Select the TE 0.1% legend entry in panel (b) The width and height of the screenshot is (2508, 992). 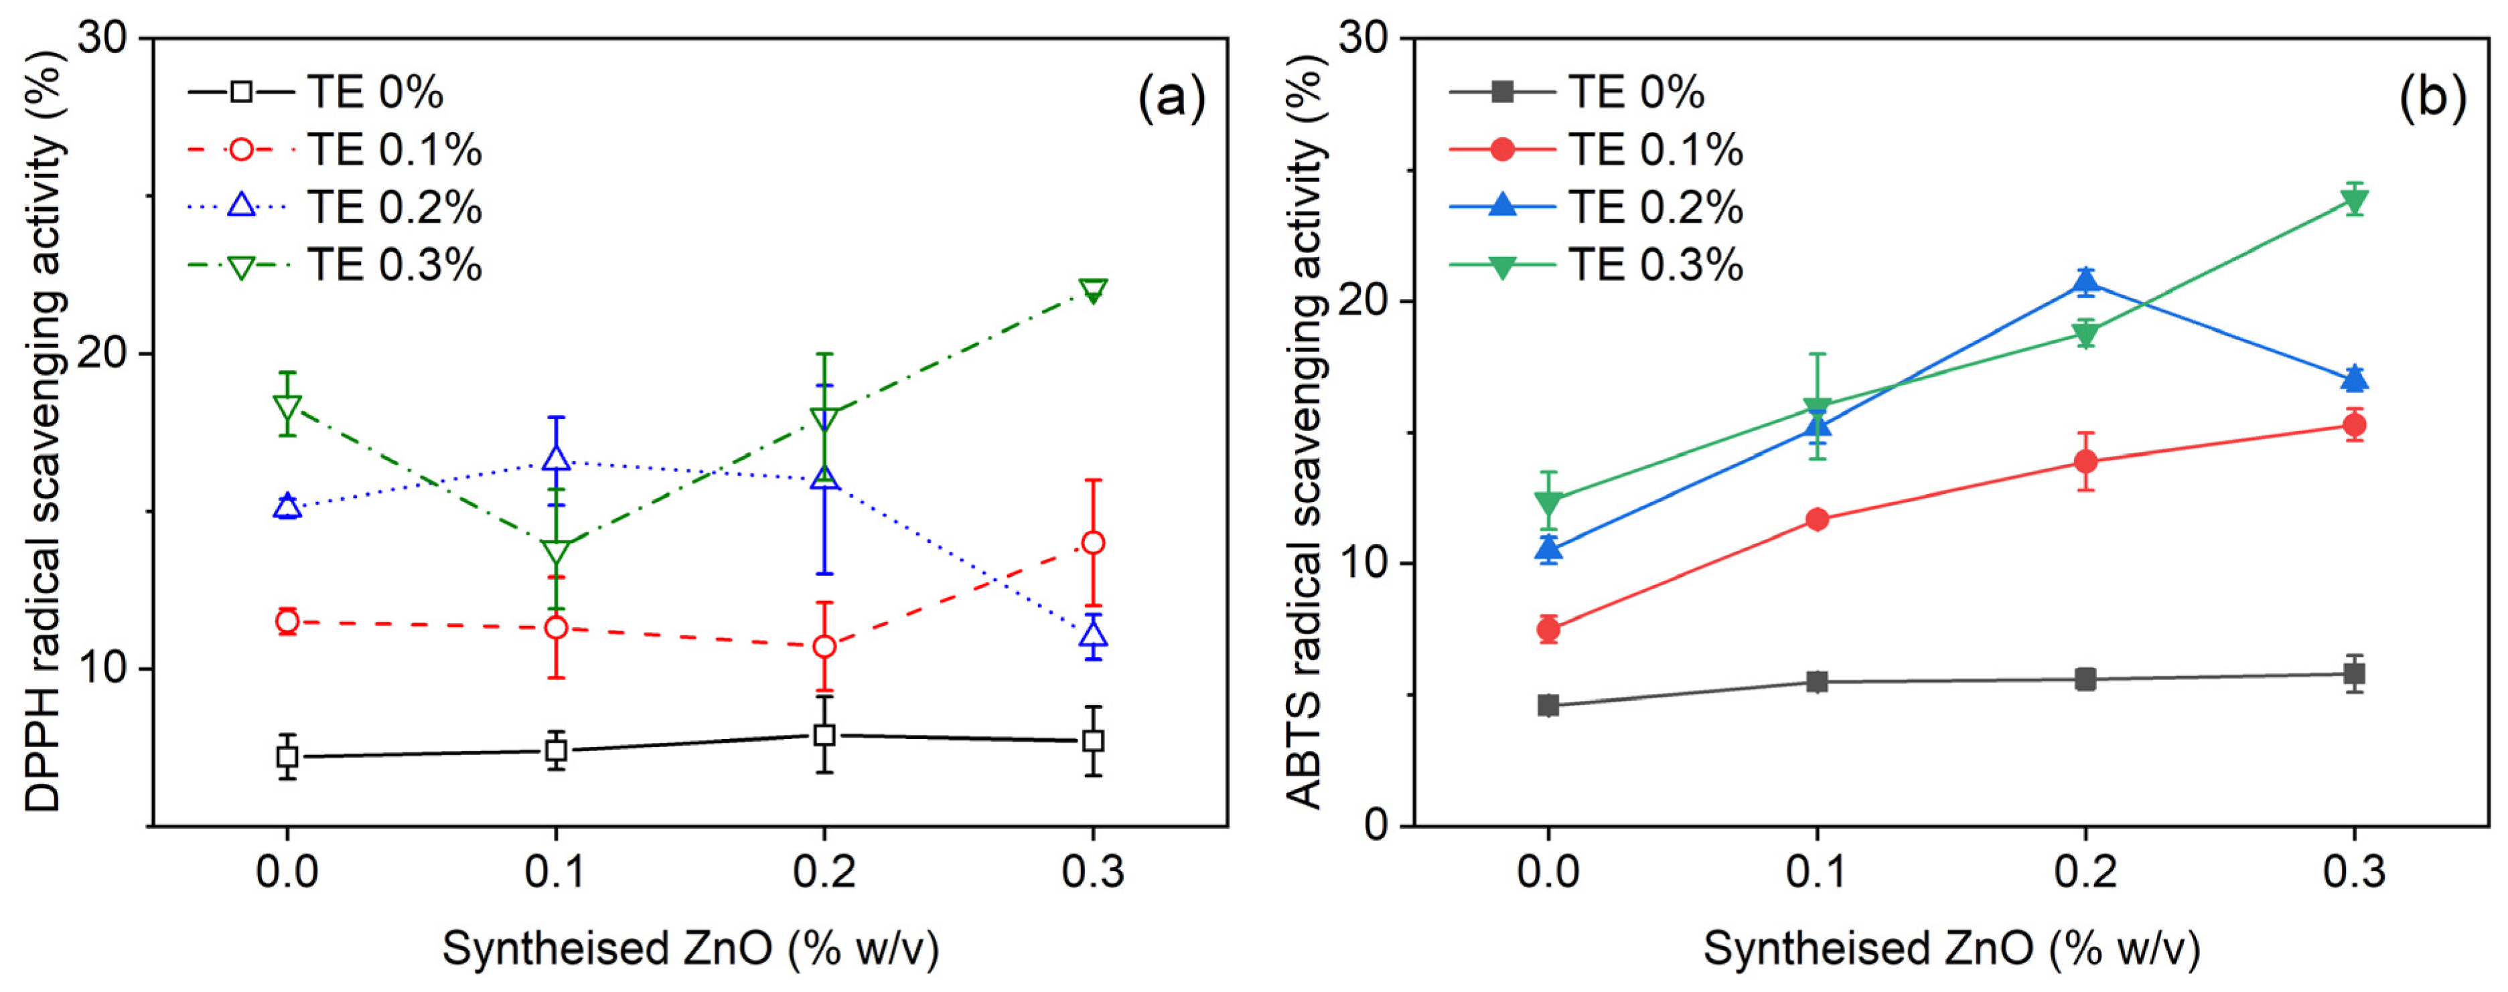[x=1654, y=150]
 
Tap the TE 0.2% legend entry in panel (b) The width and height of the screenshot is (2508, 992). [x=1654, y=208]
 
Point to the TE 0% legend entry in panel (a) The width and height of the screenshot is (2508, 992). [x=375, y=92]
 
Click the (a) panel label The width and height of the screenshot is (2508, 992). [x=1171, y=97]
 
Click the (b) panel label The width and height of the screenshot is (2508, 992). [x=2432, y=97]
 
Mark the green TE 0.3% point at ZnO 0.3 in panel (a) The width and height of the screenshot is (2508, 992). [x=1094, y=290]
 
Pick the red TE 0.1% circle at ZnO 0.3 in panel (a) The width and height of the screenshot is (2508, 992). [x=1094, y=542]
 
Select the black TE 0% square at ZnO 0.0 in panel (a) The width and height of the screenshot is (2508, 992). [x=287, y=756]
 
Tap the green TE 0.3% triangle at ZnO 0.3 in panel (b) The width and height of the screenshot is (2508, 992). [x=2354, y=201]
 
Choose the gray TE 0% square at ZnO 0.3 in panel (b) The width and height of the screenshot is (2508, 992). [x=2354, y=673]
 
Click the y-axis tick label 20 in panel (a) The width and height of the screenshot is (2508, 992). [x=103, y=353]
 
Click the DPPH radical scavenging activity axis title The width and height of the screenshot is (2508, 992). [x=44, y=428]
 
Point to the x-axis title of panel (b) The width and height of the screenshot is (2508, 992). [x=1951, y=949]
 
